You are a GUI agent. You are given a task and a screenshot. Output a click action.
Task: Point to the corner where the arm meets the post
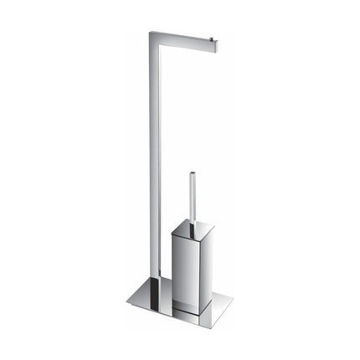pos(153,36)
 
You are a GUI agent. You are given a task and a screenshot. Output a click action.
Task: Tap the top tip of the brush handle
pos(191,175)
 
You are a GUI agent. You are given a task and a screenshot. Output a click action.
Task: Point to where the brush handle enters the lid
pos(191,226)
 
